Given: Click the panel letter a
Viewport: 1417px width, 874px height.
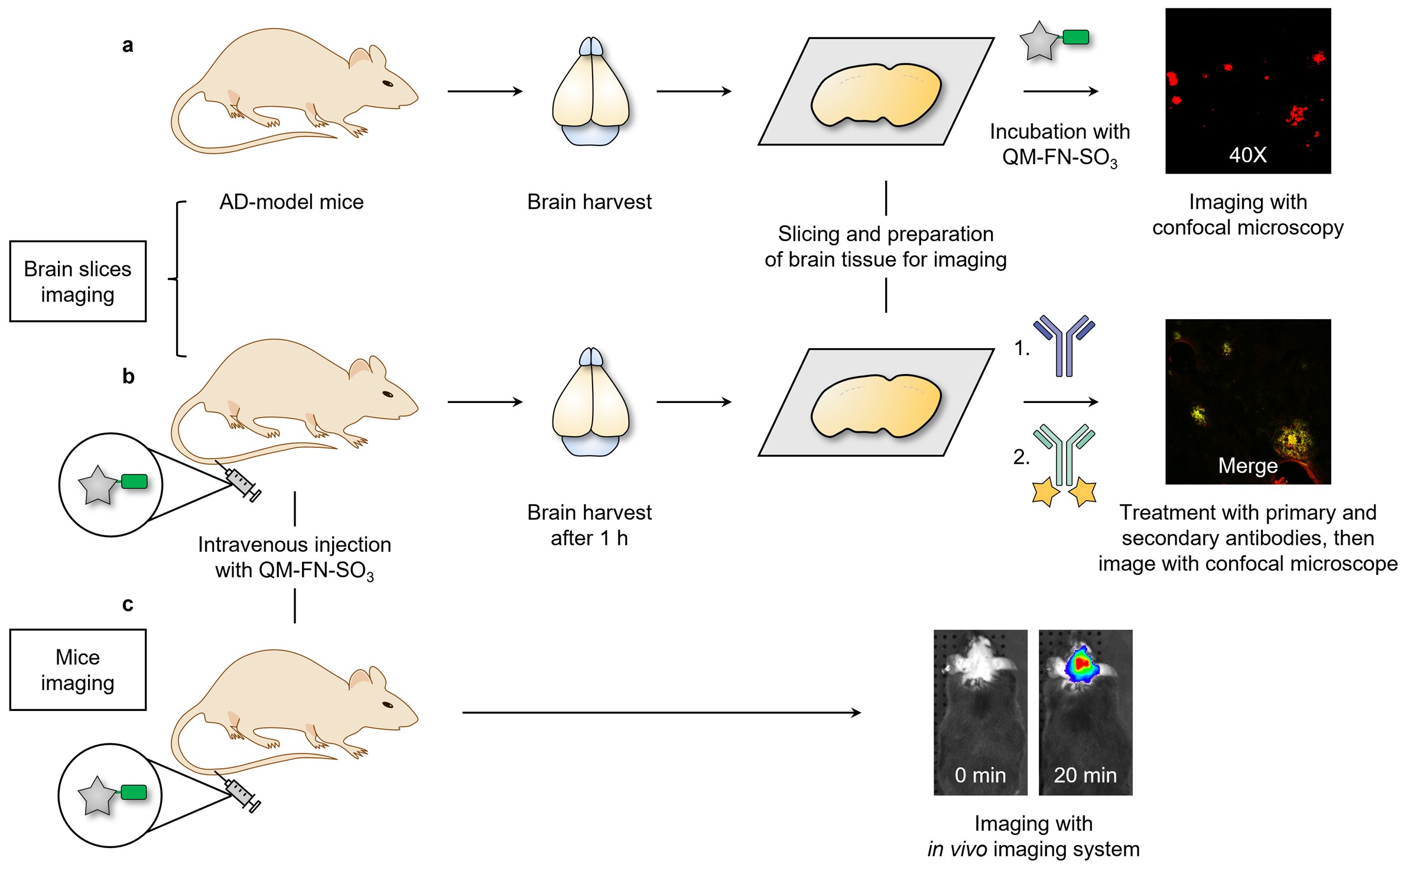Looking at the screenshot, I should pos(128,46).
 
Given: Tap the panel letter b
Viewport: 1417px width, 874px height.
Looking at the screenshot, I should pos(128,376).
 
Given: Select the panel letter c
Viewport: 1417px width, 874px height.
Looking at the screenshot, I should pos(128,605).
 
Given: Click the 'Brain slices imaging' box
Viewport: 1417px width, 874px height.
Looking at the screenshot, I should pos(78,281).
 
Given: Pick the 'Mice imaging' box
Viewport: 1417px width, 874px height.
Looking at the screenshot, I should pos(78,670).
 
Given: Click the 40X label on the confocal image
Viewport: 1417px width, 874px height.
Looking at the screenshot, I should pos(1247,155).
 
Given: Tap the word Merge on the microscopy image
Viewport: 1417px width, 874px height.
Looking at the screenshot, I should pos(1247,466).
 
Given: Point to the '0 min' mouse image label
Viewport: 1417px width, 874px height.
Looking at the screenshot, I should pos(980,775).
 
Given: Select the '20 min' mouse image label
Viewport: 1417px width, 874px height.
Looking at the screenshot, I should pos(1085,775).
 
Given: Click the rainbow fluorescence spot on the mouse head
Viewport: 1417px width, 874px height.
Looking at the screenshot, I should pos(1081,665).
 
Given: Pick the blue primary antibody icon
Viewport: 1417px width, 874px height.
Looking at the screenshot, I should pos(1064,346).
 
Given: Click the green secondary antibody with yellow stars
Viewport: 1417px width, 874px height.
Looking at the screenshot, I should pos(1064,464).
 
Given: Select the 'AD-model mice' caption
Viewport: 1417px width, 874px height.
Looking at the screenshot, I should pos(291,202).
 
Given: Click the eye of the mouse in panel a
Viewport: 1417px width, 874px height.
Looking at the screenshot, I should pos(388,83).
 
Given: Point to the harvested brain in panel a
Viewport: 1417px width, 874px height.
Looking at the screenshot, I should pos(590,92).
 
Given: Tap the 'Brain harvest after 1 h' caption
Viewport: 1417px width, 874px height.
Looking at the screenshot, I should pos(589,525).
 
